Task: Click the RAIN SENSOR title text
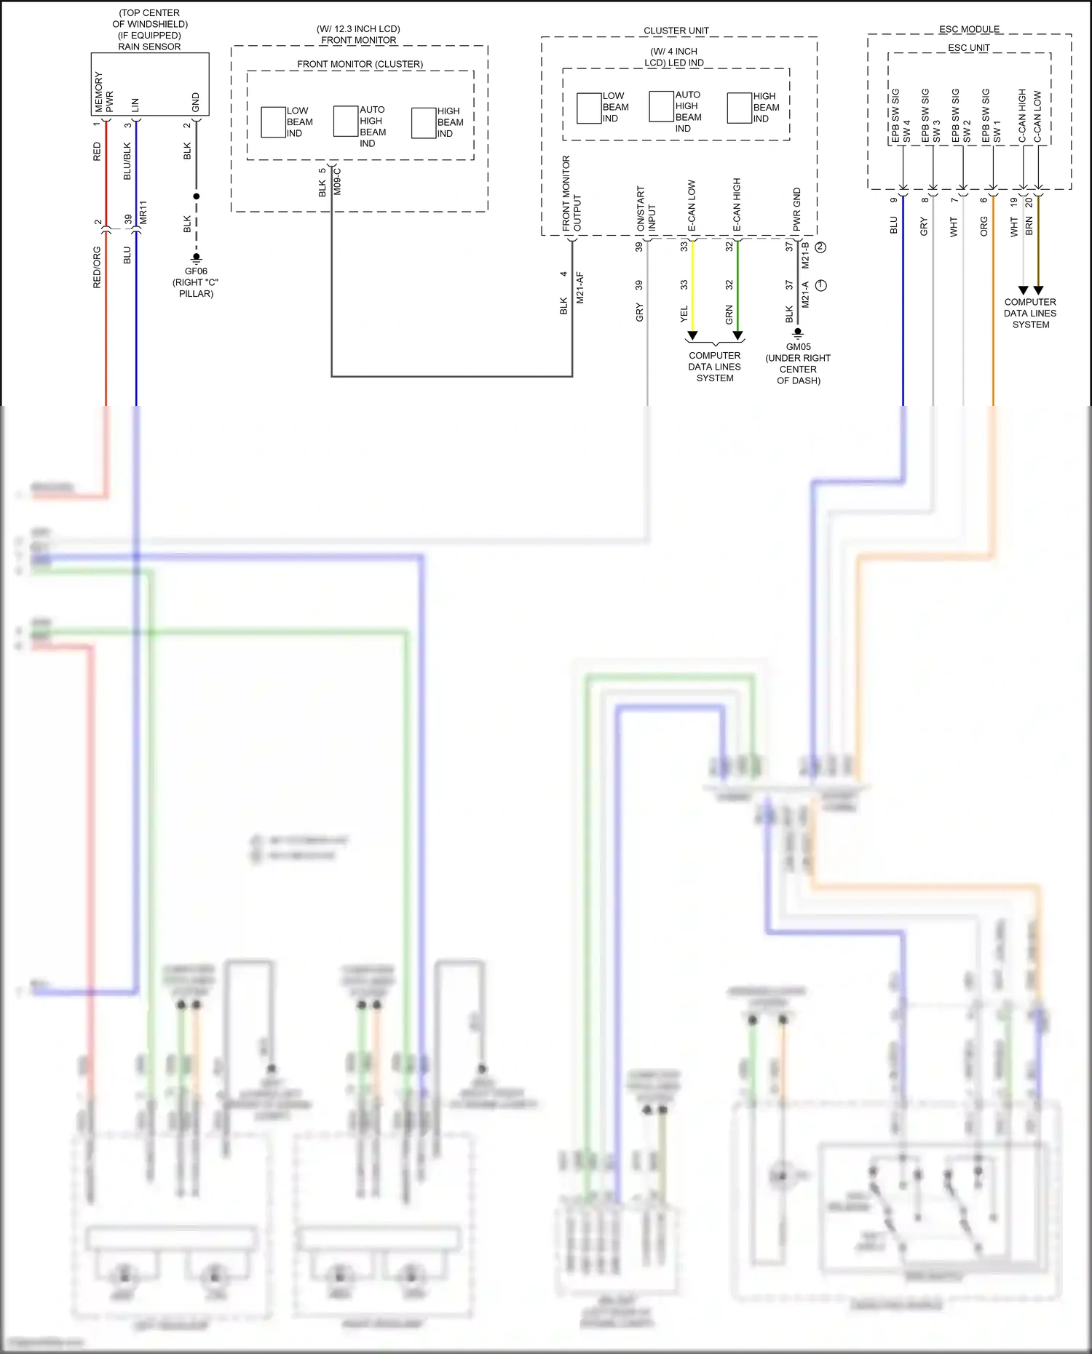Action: coord(149,47)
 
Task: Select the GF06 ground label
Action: coord(196,271)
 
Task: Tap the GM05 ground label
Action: coord(798,347)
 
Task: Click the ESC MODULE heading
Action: coord(969,29)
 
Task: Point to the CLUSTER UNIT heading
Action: coord(676,31)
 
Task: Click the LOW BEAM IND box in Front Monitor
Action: coord(273,122)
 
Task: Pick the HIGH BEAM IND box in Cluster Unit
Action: coord(739,108)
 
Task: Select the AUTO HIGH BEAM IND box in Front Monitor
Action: coord(345,122)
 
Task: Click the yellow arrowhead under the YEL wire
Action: coord(692,335)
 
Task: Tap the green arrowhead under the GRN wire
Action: coord(737,335)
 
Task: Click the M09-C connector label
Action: coord(338,181)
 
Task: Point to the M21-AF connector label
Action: coord(580,288)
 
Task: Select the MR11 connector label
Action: coord(143,212)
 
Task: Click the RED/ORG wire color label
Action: coord(97,268)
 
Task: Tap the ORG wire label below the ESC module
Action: coord(984,226)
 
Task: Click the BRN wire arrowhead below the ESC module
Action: coord(1039,290)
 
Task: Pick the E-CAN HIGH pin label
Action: coord(737,205)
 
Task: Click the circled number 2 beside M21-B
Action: coord(821,247)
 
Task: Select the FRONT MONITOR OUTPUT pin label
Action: coord(571,194)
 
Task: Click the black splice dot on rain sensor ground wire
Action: coord(196,196)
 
